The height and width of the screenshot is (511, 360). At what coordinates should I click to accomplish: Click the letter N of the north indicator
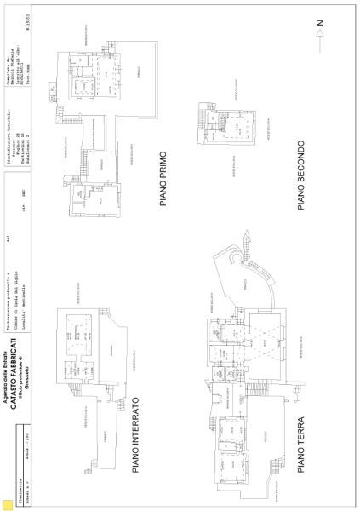(x=321, y=23)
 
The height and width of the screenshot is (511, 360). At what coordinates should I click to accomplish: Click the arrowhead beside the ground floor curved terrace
(x=246, y=236)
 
